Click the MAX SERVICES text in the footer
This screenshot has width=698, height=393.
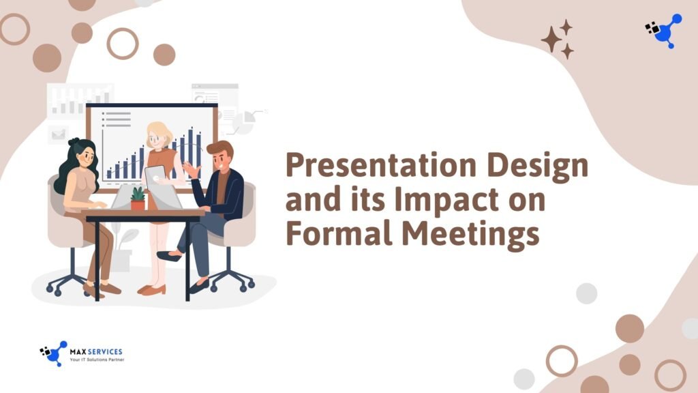pyautogui.click(x=96, y=351)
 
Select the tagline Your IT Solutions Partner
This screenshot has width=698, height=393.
pyautogui.click(x=96, y=360)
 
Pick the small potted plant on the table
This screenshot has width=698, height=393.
pyautogui.click(x=138, y=199)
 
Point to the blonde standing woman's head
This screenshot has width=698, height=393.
pyautogui.click(x=158, y=136)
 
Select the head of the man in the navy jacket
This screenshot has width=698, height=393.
pyautogui.click(x=219, y=156)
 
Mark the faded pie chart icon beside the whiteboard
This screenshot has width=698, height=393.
pyautogui.click(x=243, y=122)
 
